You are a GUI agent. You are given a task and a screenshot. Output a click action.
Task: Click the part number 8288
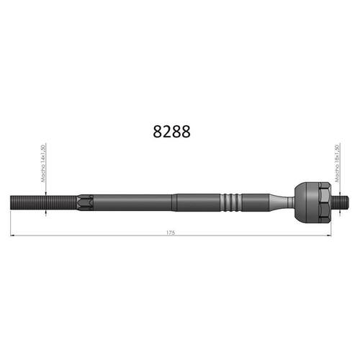[171, 132]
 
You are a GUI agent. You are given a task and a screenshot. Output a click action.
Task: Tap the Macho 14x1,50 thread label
[43, 163]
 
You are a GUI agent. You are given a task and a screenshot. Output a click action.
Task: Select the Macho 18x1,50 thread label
[337, 163]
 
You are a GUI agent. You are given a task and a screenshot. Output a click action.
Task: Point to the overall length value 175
[171, 233]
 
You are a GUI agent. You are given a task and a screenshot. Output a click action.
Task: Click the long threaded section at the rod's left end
[44, 202]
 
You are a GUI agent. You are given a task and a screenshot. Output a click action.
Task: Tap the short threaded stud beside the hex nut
[340, 202]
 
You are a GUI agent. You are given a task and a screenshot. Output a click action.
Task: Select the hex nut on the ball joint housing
[325, 202]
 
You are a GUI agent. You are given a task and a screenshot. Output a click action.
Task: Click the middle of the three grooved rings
[231, 202]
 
